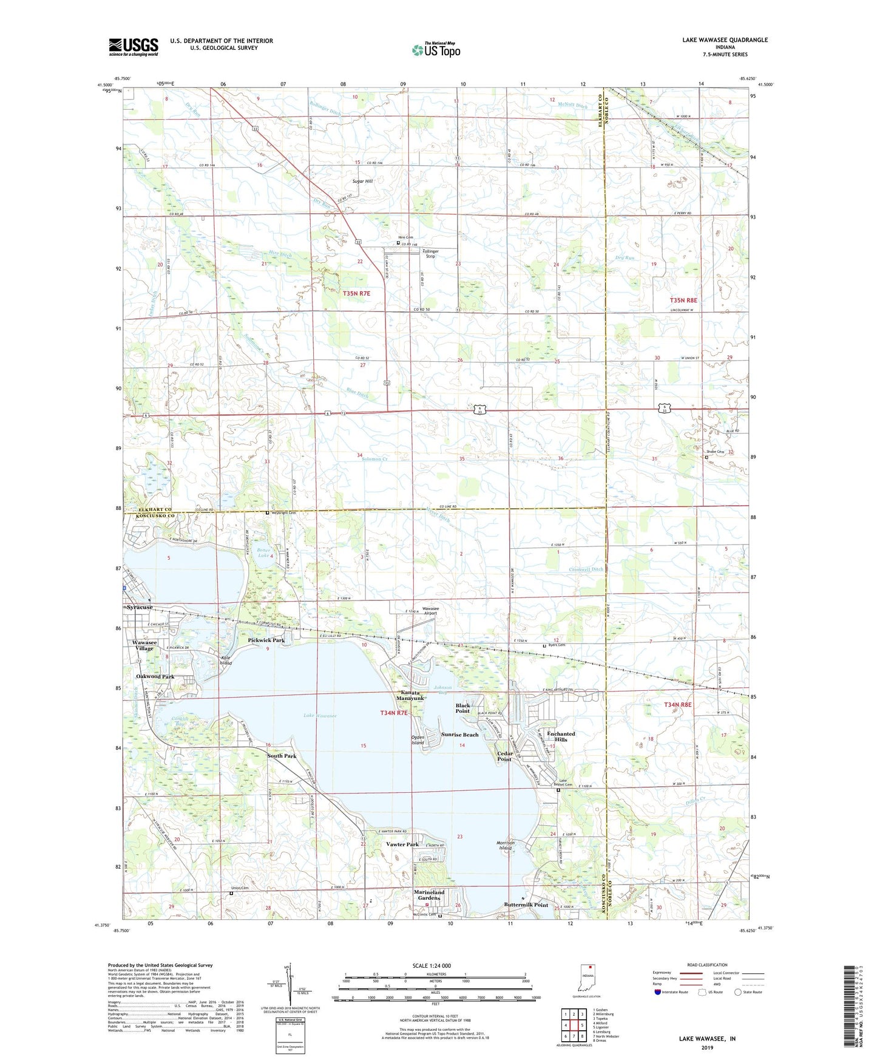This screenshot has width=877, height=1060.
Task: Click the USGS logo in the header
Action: coord(134,47)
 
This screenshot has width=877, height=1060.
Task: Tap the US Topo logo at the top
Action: coord(436,50)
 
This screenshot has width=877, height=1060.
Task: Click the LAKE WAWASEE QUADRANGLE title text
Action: coord(725,40)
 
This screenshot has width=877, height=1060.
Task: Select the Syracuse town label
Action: coord(140,607)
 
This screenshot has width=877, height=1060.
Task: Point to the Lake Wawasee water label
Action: coord(320,716)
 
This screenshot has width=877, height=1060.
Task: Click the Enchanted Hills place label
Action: coord(561,736)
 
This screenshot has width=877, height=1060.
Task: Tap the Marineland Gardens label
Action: coord(429,895)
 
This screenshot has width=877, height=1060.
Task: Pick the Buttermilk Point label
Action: coord(526,905)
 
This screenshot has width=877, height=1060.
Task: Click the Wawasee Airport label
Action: coord(430,611)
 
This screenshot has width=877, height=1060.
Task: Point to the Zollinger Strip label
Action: coord(430,254)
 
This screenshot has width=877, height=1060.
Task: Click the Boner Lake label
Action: coord(263,553)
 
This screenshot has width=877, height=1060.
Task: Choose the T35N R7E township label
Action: coord(356,293)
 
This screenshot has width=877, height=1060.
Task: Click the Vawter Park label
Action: coord(402,844)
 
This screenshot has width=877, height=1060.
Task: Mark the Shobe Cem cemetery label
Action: coord(715,452)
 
